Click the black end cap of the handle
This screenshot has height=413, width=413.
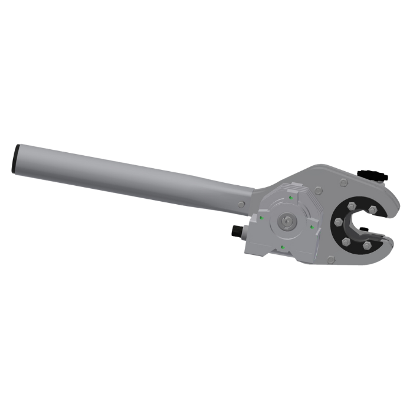[15, 158]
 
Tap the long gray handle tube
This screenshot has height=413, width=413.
[130, 174]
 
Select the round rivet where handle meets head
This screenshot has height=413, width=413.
[242, 204]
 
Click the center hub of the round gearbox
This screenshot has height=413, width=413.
[286, 221]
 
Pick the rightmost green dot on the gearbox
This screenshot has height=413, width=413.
[312, 226]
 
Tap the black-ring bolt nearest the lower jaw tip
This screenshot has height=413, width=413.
[367, 244]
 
